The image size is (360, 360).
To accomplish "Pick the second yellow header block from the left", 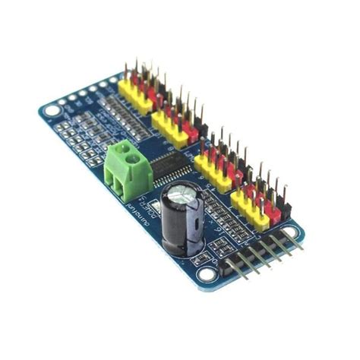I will click(x=172, y=130).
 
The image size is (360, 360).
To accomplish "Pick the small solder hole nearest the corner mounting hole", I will click(x=63, y=101).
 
